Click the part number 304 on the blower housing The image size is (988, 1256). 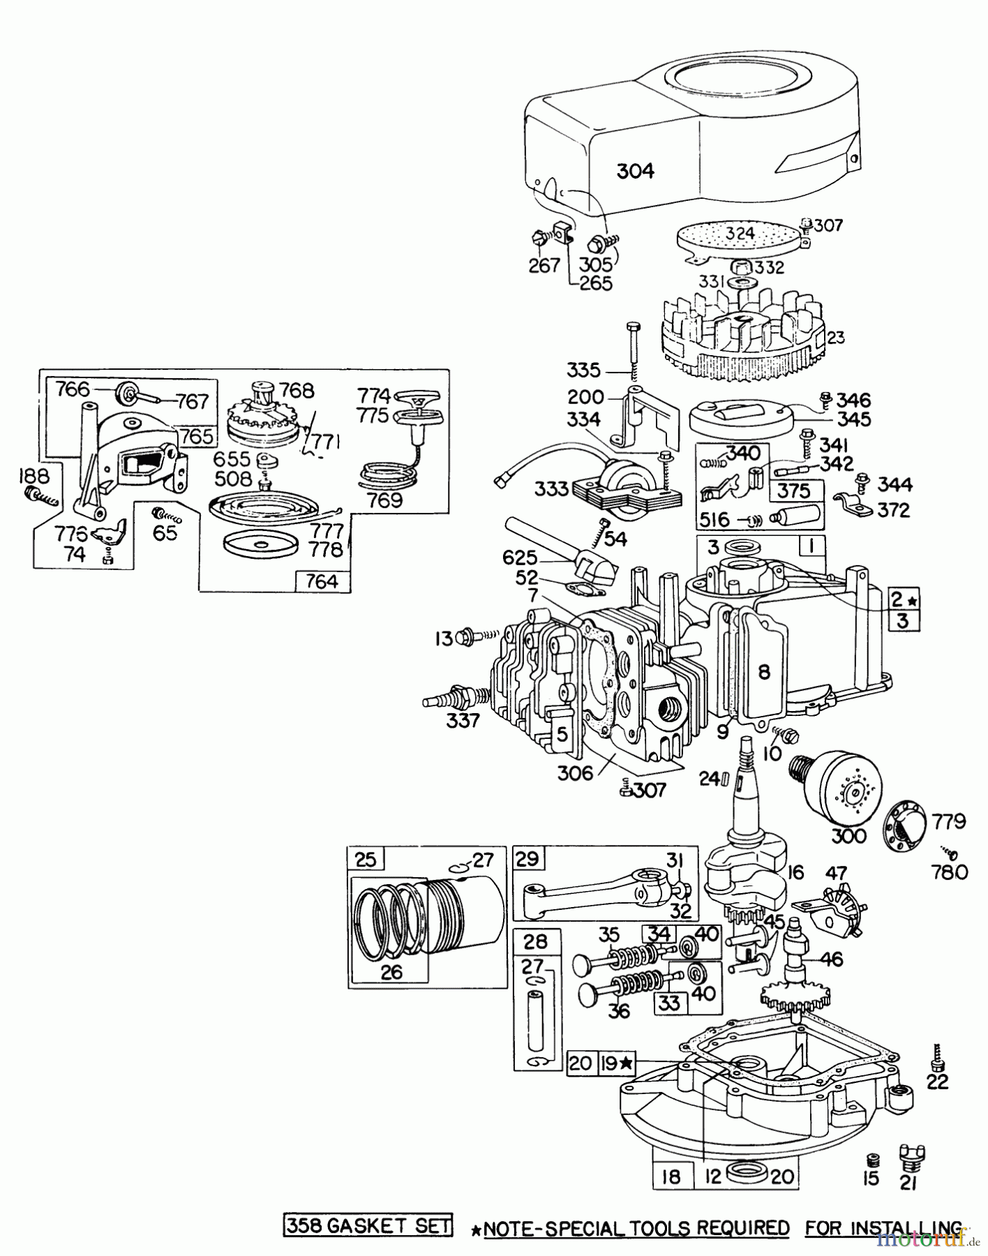[635, 170]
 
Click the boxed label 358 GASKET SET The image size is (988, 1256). [368, 1227]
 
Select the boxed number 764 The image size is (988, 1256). [322, 581]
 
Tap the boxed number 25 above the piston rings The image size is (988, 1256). [366, 858]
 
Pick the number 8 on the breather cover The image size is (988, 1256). [764, 671]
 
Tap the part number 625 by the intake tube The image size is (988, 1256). [520, 558]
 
